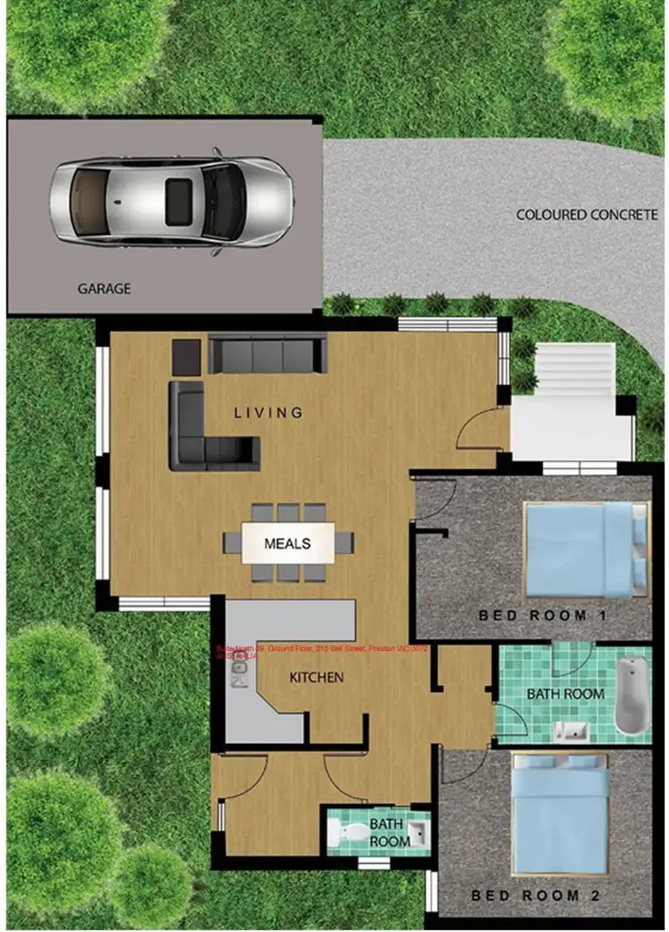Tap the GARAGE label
click(103, 289)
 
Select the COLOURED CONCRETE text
click(587, 215)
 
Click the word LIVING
click(268, 413)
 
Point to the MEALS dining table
click(287, 543)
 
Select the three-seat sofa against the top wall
click(268, 354)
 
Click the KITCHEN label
click(316, 678)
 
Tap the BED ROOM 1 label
click(533, 615)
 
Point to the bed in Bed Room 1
click(584, 548)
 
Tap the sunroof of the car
click(179, 200)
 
